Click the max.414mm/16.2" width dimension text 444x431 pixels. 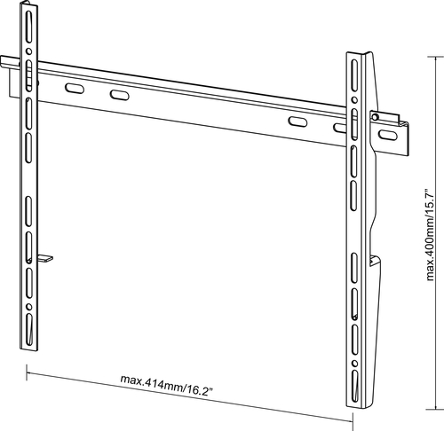(x=166, y=385)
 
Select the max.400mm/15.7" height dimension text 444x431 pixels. (x=430, y=234)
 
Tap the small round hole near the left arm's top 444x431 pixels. (x=28, y=51)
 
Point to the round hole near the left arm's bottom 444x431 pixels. (x=29, y=307)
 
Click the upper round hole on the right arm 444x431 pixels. (x=354, y=100)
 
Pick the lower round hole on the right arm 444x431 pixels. (x=354, y=364)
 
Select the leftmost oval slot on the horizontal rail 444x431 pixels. (x=75, y=89)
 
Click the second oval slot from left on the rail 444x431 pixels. (x=119, y=95)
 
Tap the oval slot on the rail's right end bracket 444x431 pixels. (x=388, y=135)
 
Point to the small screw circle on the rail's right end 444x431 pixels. (x=375, y=117)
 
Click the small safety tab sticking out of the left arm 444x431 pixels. (x=45, y=258)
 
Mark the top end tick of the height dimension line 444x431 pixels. (x=435, y=57)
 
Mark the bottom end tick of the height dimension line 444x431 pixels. (x=435, y=410)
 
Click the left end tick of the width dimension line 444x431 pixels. (x=27, y=372)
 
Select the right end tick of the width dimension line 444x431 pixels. (x=353, y=421)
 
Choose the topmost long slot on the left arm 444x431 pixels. (x=28, y=27)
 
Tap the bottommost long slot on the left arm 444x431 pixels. (x=29, y=329)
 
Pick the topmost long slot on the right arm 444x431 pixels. (x=354, y=75)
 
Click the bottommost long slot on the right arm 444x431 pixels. (x=355, y=386)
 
